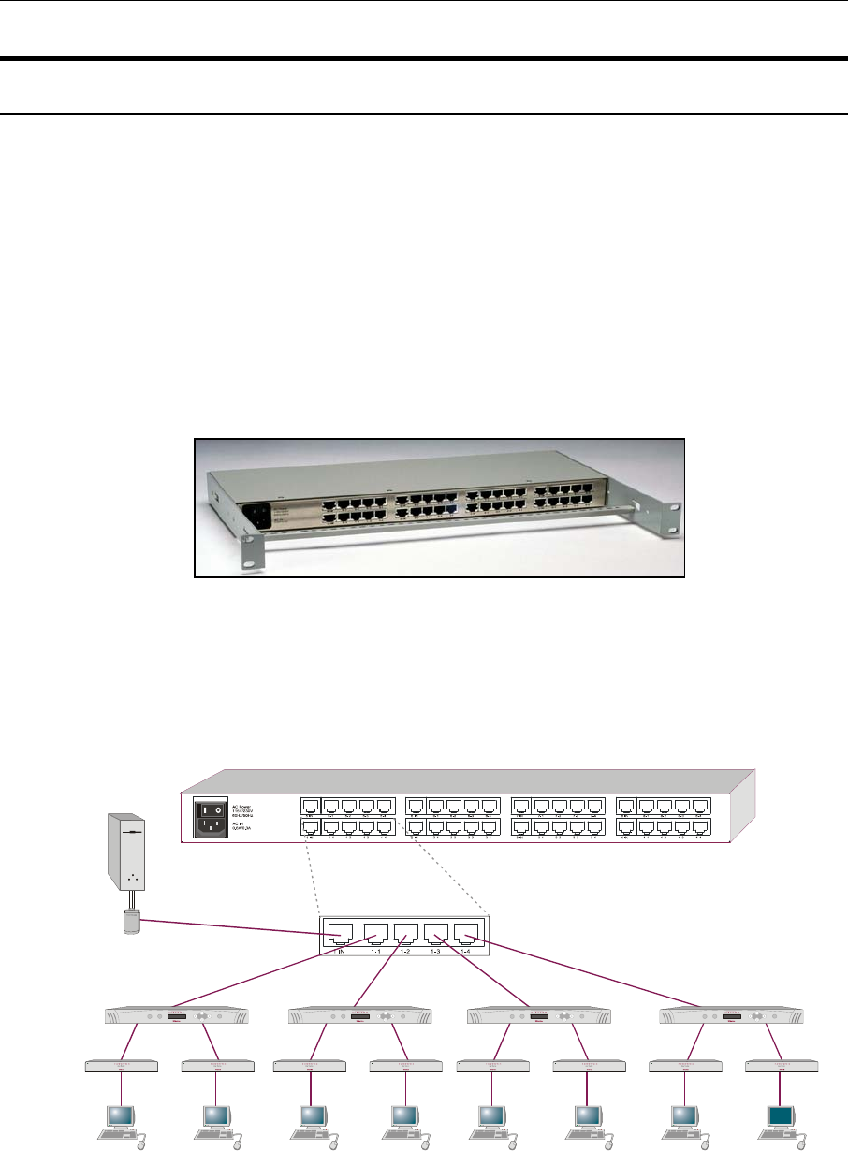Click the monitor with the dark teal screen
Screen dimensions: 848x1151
(x=781, y=1116)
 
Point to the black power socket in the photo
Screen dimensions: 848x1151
(x=258, y=517)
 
